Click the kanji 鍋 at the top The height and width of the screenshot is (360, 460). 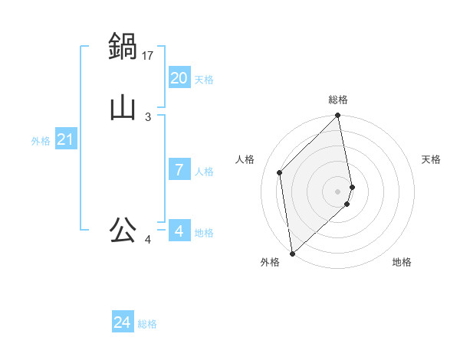[x=123, y=47]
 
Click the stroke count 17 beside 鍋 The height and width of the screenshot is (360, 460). [x=149, y=55]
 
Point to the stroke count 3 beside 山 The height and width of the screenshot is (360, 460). [x=148, y=116]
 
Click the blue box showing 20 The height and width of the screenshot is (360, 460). [x=179, y=78]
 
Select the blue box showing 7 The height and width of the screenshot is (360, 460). [x=179, y=170]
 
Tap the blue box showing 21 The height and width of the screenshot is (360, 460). [x=65, y=139]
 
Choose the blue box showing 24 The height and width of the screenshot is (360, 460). [x=122, y=322]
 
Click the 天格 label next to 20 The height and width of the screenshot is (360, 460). [x=203, y=80]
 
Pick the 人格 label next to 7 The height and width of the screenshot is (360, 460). [x=203, y=172]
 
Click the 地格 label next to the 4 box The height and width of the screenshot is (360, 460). [x=203, y=233]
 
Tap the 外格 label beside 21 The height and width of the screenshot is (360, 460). [x=41, y=141]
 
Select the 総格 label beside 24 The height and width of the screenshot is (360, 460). [x=147, y=324]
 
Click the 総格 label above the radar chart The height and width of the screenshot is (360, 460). [x=338, y=100]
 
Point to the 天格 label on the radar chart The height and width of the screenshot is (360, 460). [x=431, y=159]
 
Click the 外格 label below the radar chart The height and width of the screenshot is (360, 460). [x=270, y=263]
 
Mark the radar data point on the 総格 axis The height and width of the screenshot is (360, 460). [x=338, y=116]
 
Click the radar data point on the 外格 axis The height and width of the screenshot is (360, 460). [x=292, y=253]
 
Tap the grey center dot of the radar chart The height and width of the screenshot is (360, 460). [x=338, y=191]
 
